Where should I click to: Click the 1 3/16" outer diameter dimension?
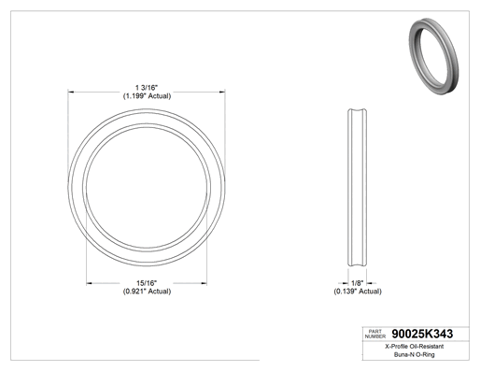[x=147, y=88]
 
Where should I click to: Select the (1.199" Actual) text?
[x=147, y=96]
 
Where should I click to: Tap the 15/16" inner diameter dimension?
[x=147, y=283]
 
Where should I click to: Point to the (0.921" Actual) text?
[x=147, y=292]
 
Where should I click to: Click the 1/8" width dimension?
[x=358, y=283]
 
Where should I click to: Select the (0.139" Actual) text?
[x=358, y=292]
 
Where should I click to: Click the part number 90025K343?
[x=422, y=334]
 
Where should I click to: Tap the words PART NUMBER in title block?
[x=375, y=334]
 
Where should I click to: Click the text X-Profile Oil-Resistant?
[x=415, y=347]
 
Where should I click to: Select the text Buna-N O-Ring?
[x=415, y=354]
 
